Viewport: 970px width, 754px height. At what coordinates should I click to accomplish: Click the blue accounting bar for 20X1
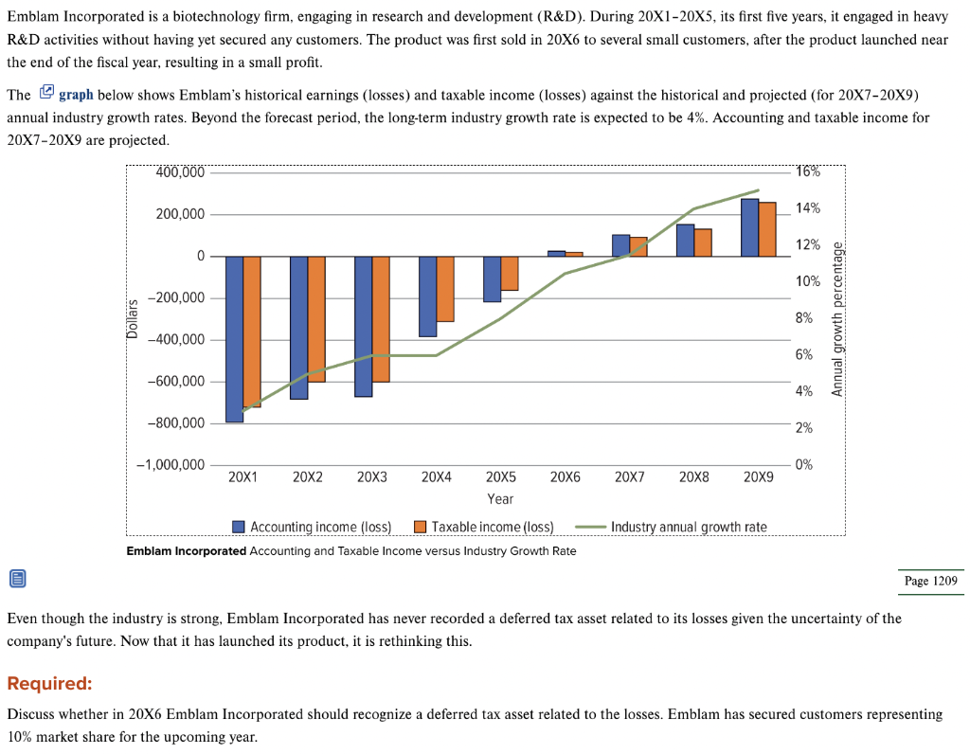pyautogui.click(x=235, y=338)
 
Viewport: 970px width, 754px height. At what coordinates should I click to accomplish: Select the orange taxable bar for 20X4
pyautogui.click(x=445, y=289)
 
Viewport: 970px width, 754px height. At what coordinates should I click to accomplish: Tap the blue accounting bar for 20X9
pyautogui.click(x=749, y=227)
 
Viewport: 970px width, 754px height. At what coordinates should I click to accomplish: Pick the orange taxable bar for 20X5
pyautogui.click(x=510, y=273)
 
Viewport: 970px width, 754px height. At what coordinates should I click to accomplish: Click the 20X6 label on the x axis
pyautogui.click(x=565, y=478)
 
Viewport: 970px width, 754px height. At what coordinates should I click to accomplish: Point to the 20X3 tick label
pyautogui.click(x=372, y=478)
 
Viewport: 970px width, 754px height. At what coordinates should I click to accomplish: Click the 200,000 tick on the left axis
pyautogui.click(x=180, y=215)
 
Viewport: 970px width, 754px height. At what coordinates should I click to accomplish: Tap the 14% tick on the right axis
pyautogui.click(x=808, y=208)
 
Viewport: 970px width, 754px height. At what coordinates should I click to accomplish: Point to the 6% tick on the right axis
pyautogui.click(x=803, y=354)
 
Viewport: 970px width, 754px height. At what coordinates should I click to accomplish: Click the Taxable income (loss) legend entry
pyautogui.click(x=484, y=527)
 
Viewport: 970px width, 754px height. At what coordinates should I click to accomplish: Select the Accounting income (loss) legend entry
pyautogui.click(x=312, y=527)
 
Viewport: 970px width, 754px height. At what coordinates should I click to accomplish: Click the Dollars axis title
pyautogui.click(x=133, y=318)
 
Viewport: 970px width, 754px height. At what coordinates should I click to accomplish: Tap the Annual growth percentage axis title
pyautogui.click(x=836, y=318)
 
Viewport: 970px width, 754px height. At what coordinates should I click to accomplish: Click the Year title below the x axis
pyautogui.click(x=500, y=499)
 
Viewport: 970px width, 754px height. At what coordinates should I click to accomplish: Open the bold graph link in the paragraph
pyautogui.click(x=76, y=95)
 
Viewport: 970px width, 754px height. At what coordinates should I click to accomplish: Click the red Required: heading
pyautogui.click(x=49, y=684)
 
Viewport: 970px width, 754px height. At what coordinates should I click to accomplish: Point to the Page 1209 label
pyautogui.click(x=930, y=581)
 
